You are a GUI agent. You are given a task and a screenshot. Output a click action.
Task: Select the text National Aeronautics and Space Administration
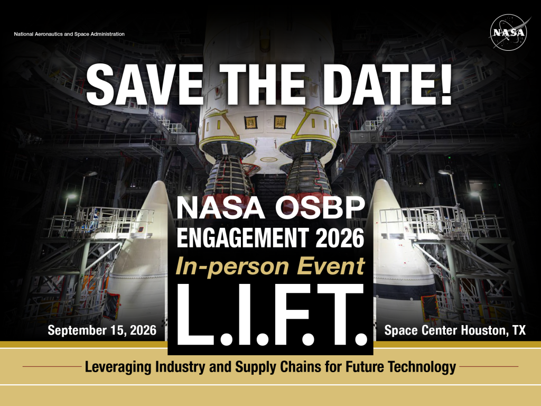coord(69,34)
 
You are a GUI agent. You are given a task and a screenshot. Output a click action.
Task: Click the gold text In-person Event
coord(270,266)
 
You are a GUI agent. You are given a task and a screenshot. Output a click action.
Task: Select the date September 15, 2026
coord(102,331)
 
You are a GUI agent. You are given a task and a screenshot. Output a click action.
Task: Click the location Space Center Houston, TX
coord(455,331)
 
